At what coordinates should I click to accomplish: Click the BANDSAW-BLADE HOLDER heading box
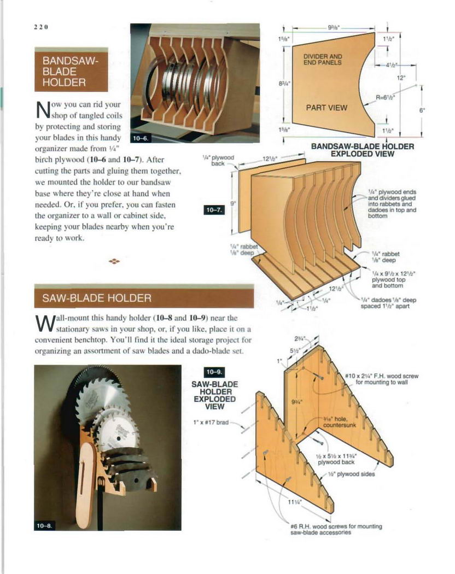click(71, 69)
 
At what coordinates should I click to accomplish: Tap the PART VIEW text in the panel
click(326, 107)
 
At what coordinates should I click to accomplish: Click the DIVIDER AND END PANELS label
click(323, 59)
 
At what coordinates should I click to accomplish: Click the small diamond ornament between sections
click(114, 261)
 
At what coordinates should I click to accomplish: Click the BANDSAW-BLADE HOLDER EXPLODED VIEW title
click(363, 150)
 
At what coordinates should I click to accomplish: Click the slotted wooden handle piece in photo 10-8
click(89, 481)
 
